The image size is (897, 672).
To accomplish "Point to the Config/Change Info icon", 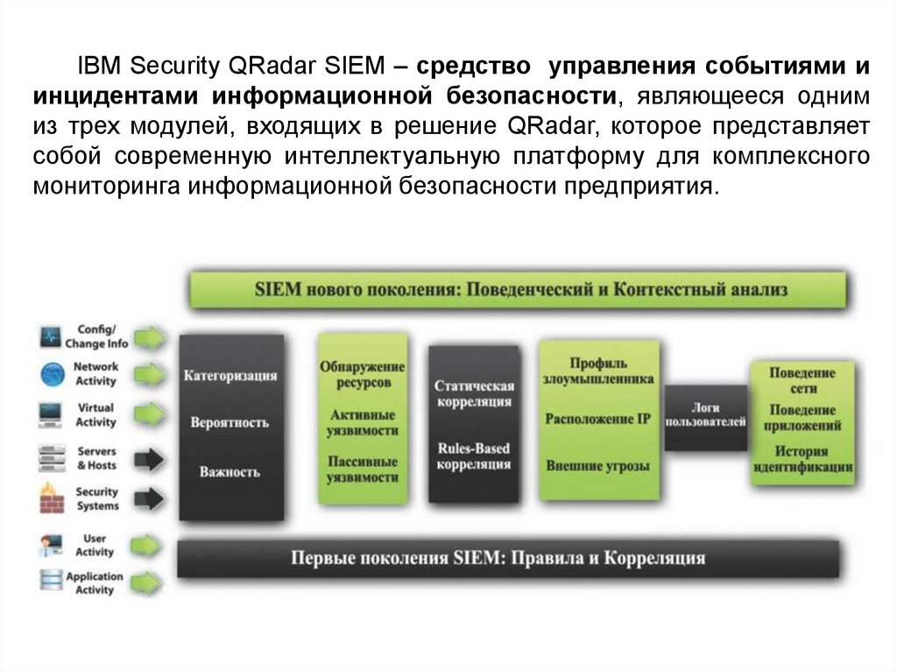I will click(52, 336).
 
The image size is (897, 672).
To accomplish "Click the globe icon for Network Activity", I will click(52, 375).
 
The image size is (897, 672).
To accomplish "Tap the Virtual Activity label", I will click(95, 415).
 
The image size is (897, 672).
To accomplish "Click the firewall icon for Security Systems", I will click(52, 499).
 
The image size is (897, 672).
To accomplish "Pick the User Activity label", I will click(95, 546).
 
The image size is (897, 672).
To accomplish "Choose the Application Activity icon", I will click(52, 582).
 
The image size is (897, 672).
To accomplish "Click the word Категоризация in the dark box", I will click(230, 376).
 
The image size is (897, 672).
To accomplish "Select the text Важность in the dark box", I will click(230, 472).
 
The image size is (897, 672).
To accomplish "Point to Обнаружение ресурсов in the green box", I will click(362, 375).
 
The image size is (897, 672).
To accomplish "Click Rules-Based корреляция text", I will click(473, 456).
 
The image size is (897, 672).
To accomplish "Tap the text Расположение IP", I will click(598, 419).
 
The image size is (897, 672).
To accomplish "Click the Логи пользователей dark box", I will click(705, 415).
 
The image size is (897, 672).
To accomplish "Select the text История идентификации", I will click(802, 460).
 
